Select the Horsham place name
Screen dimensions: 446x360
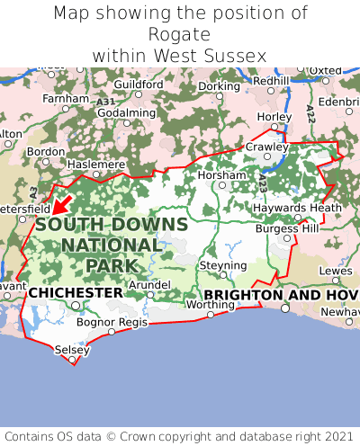pyautogui.click(x=220, y=174)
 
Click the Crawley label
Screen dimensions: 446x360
pyautogui.click(x=266, y=147)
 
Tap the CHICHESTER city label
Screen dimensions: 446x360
pyautogui.click(x=76, y=293)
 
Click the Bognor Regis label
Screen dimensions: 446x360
pyautogui.click(x=112, y=321)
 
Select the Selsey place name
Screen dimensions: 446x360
pyautogui.click(x=72, y=349)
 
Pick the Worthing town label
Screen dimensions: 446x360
pyautogui.click(x=209, y=304)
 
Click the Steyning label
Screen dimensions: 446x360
pyautogui.click(x=222, y=266)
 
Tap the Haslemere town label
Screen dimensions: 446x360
pyautogui.click(x=96, y=165)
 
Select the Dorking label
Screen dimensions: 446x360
pyautogui.click(x=219, y=86)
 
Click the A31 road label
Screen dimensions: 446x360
pyautogui.click(x=104, y=103)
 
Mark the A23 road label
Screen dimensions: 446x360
pyautogui.click(x=262, y=183)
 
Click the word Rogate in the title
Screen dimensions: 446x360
pyautogui.click(x=180, y=34)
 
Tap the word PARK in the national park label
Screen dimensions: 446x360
pyautogui.click(x=112, y=265)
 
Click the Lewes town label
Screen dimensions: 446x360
pyautogui.click(x=336, y=270)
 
